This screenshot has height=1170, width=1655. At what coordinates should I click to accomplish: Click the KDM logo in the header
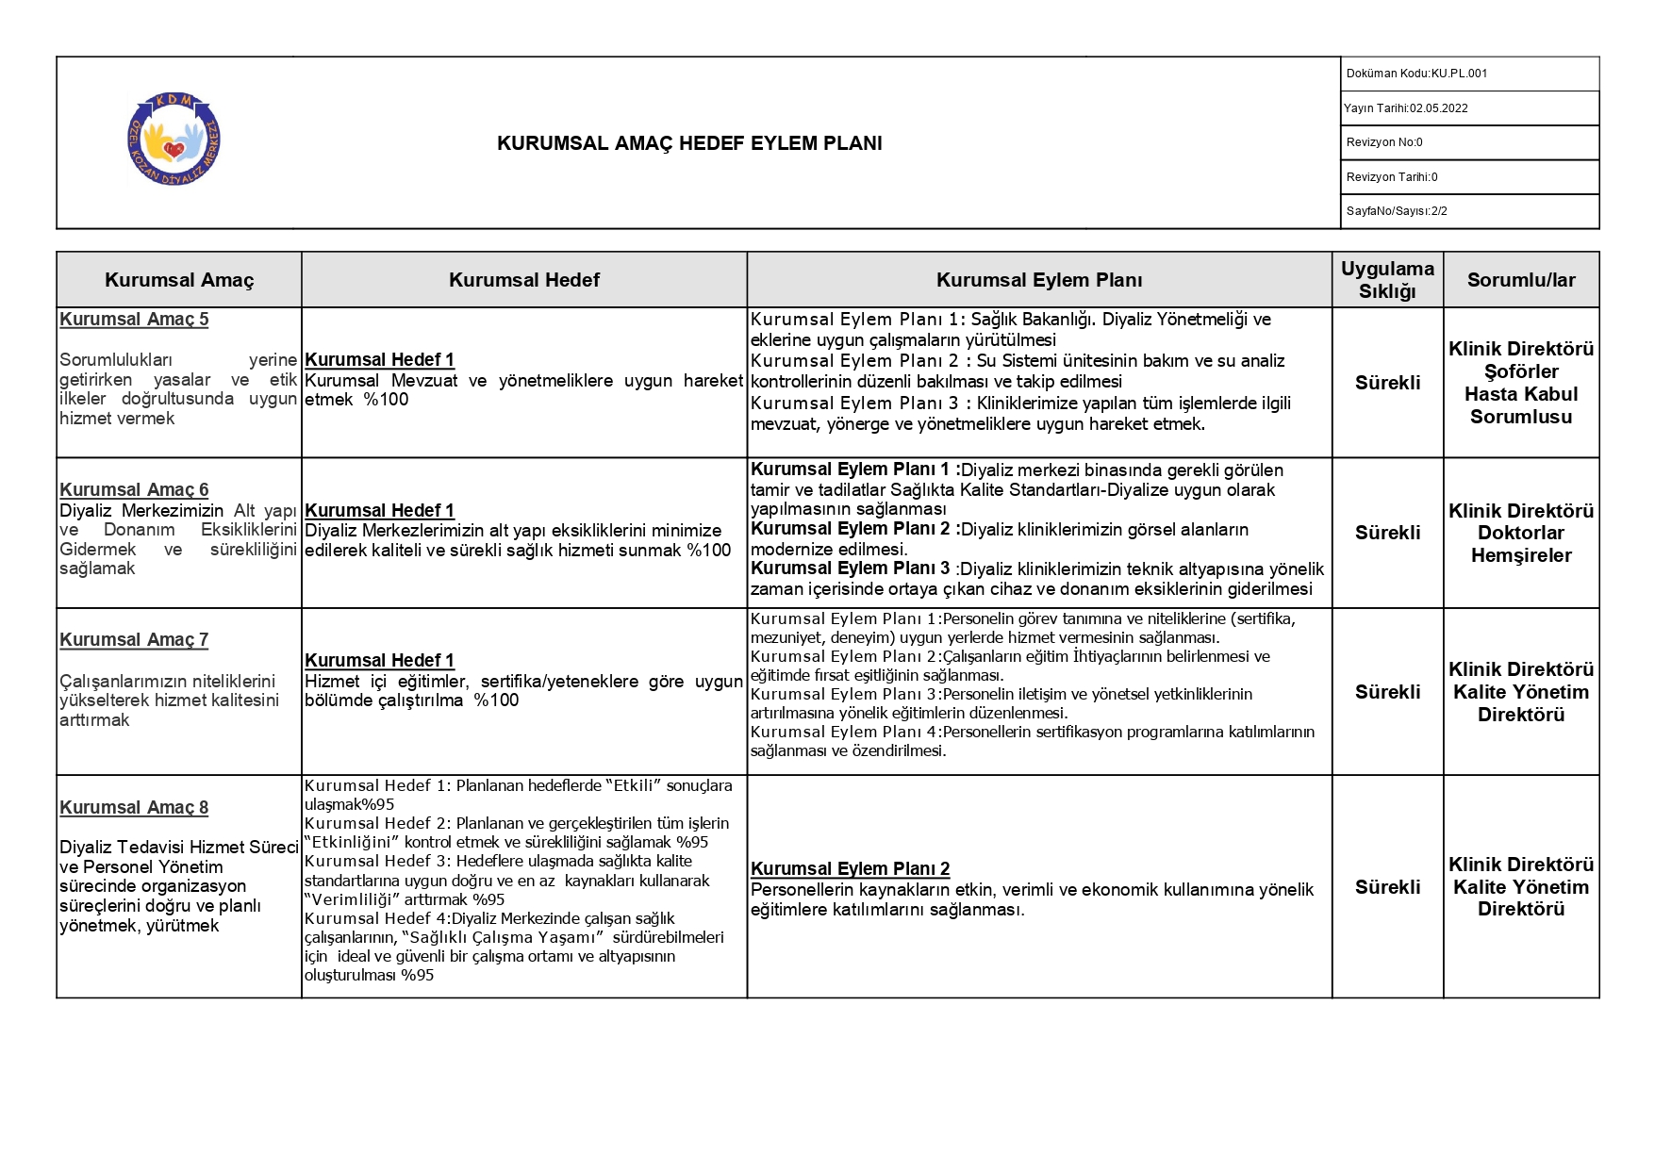174,140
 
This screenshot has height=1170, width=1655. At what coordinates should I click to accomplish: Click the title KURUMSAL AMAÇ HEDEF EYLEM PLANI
689,143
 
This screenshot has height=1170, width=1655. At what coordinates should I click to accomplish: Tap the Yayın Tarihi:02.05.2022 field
1405,108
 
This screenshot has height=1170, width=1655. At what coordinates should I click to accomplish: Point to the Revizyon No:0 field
1384,142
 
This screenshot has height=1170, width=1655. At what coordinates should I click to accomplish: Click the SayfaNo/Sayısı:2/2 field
1397,211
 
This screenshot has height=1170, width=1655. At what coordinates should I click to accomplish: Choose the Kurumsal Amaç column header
179,280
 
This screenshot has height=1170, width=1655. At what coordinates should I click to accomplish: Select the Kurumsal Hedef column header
523,280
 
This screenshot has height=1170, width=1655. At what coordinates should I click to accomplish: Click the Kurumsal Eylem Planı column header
1038,280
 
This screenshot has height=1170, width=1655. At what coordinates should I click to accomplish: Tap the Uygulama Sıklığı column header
1387,280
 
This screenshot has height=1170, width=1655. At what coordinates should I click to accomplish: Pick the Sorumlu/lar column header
1520,280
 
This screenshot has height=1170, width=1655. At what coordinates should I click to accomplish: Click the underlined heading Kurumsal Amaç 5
134,320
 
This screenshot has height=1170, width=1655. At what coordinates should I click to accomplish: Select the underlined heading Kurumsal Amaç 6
134,489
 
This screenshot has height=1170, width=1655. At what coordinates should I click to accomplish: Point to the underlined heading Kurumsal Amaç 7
134,640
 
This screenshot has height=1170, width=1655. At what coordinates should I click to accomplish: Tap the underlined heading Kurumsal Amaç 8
134,808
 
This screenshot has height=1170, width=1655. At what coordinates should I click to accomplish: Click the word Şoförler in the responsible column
1520,371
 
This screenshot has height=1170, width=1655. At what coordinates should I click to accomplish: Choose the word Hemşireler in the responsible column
1520,555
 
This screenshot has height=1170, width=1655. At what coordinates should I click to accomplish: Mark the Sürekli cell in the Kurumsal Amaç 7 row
1387,692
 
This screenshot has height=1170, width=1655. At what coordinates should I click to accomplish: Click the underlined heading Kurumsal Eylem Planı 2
850,869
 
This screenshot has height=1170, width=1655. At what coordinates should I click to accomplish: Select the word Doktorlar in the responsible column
1520,533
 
